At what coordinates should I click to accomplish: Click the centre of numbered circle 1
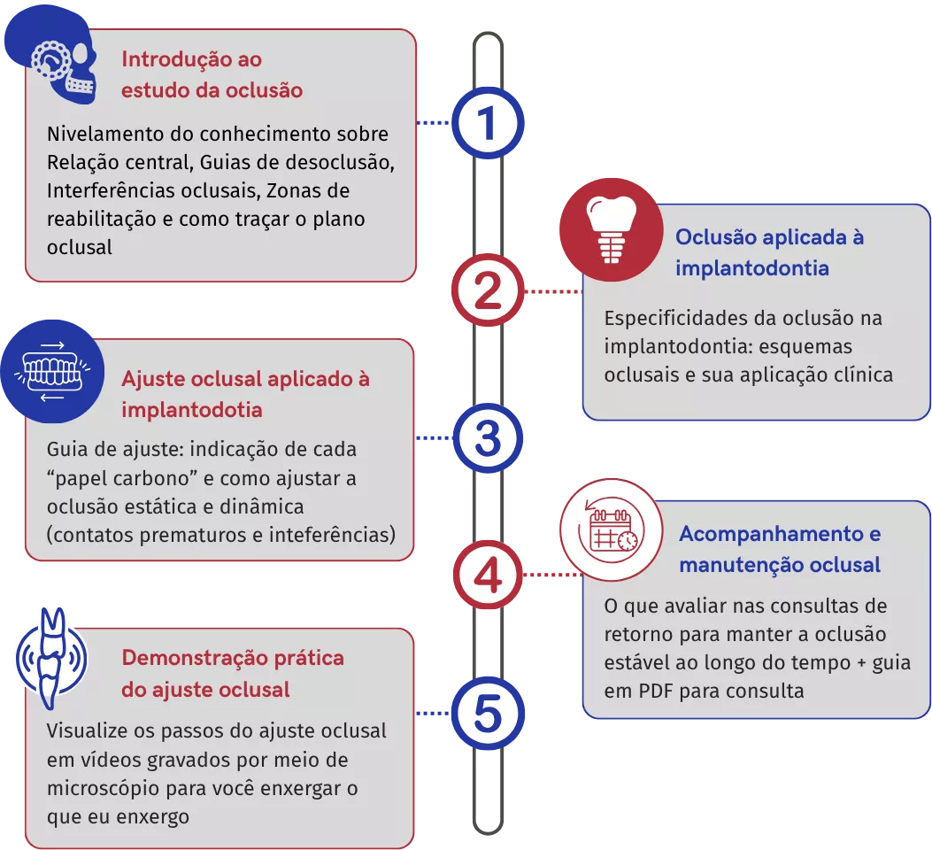click(x=488, y=123)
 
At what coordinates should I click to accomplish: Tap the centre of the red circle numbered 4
click(x=488, y=575)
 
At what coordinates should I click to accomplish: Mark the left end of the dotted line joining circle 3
click(x=417, y=437)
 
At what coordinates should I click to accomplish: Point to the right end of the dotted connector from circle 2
click(x=582, y=291)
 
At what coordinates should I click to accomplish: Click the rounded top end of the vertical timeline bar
click(x=488, y=34)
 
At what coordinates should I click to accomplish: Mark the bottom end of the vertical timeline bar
click(x=488, y=833)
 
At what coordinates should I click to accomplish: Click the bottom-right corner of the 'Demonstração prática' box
click(x=413, y=848)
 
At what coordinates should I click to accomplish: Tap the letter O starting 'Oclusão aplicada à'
click(x=684, y=237)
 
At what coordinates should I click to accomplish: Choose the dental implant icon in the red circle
click(x=611, y=229)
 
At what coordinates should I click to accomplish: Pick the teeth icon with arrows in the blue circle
click(x=52, y=372)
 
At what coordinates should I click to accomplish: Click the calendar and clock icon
click(x=611, y=530)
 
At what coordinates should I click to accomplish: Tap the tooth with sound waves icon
click(x=51, y=659)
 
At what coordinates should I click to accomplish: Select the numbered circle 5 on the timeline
click(x=488, y=714)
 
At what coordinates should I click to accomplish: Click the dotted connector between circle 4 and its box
click(x=553, y=575)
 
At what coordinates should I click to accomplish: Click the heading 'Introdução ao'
click(x=191, y=59)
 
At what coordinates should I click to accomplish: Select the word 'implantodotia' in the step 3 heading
click(x=191, y=410)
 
